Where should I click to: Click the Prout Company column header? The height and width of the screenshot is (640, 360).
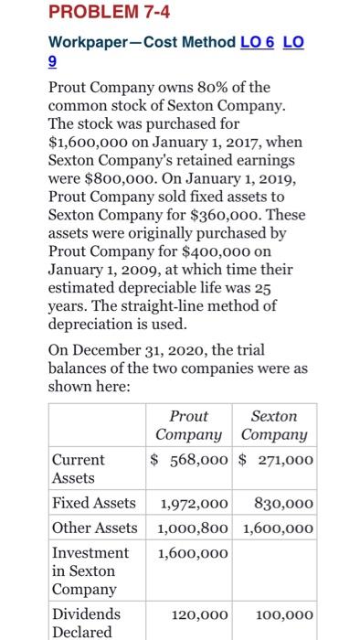click(x=188, y=425)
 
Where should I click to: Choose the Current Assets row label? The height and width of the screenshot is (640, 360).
click(x=79, y=468)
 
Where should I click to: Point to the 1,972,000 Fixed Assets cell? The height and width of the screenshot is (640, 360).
click(x=195, y=502)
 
